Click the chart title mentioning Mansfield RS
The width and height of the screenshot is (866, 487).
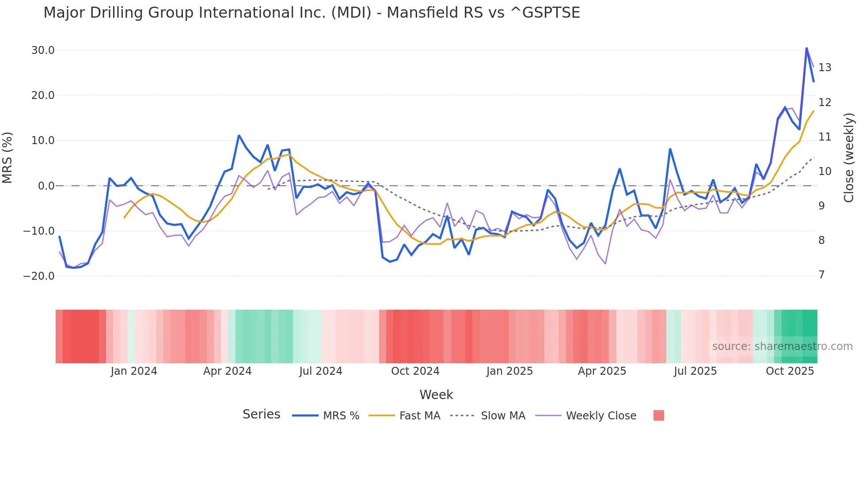(311, 13)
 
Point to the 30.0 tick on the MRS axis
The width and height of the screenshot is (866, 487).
(43, 50)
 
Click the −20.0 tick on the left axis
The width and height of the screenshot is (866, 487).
(39, 276)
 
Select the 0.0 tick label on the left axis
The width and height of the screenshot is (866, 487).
(46, 186)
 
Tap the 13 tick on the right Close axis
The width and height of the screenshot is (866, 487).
(824, 68)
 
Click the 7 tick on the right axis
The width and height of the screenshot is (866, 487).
(821, 275)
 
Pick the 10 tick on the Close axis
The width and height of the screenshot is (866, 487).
(824, 171)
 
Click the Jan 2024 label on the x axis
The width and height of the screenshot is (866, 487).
(134, 371)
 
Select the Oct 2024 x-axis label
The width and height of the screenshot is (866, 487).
(415, 371)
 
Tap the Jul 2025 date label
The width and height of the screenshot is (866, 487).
(695, 371)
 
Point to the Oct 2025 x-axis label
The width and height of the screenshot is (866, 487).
(790, 371)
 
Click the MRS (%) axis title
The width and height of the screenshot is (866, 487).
(8, 158)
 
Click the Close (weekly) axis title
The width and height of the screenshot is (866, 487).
(849, 158)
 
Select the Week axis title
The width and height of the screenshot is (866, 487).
(436, 395)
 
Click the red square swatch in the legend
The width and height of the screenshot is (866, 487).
(658, 415)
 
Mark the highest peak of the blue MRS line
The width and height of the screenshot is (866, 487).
(806, 48)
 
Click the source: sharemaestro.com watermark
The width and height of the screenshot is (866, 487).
(782, 346)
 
